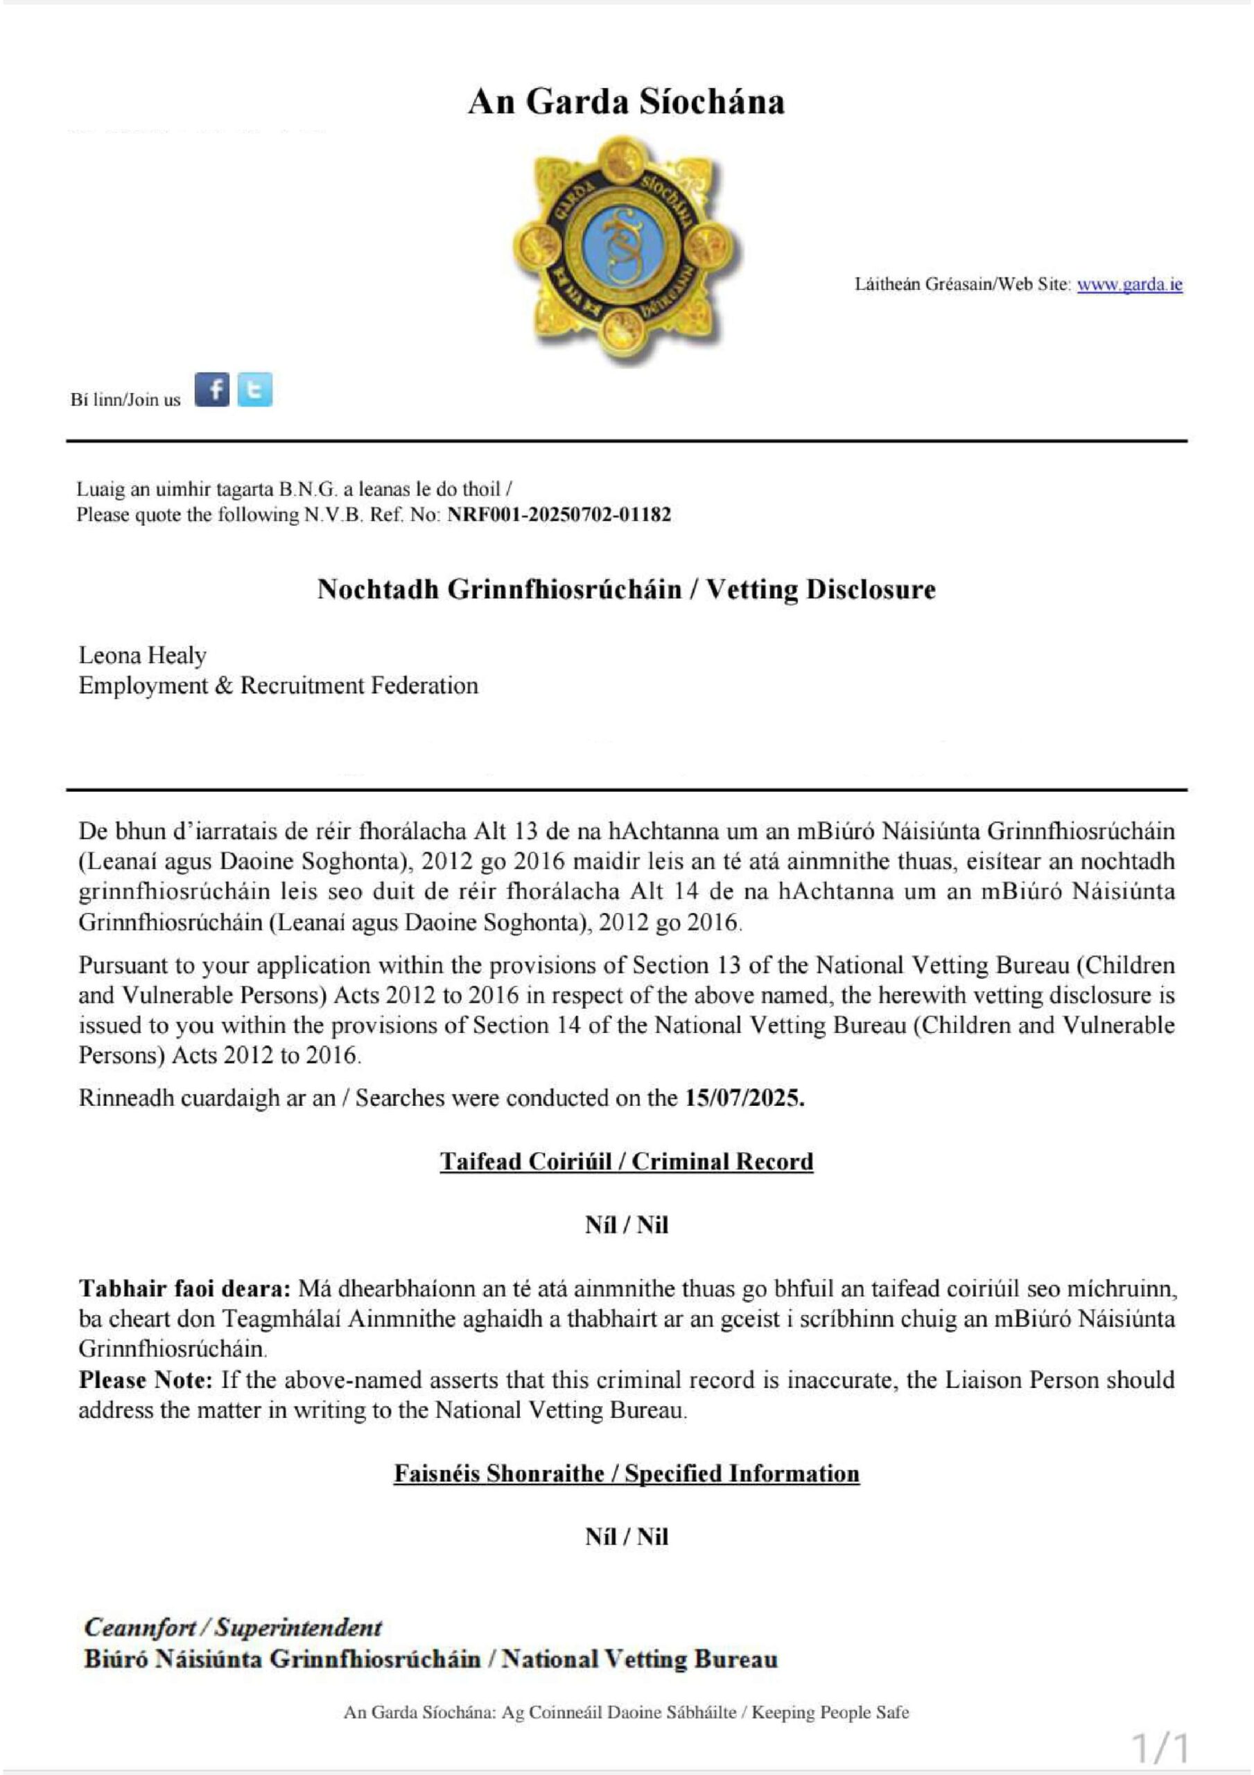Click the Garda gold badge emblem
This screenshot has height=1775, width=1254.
[626, 248]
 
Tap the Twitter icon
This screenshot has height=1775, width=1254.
[254, 390]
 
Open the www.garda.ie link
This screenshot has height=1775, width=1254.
[1129, 284]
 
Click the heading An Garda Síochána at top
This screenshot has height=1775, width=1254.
[626, 101]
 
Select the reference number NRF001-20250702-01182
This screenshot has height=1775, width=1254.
[559, 515]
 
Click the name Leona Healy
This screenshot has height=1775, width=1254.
[142, 656]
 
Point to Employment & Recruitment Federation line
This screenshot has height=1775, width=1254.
[279, 686]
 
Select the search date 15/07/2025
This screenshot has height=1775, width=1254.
[744, 1098]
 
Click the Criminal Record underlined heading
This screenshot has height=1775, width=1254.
[626, 1162]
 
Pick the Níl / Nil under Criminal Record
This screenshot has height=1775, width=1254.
[626, 1225]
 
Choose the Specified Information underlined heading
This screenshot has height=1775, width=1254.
[626, 1473]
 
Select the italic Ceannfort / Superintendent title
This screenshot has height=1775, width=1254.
[233, 1627]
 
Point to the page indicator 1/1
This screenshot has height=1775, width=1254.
[1160, 1747]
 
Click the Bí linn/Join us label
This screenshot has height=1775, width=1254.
[125, 399]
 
